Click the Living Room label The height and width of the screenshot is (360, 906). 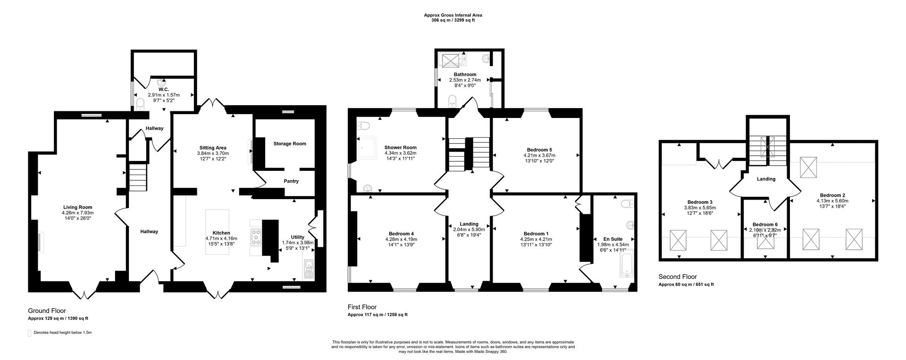pos(78,207)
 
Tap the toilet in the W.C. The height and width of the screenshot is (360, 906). pos(140,104)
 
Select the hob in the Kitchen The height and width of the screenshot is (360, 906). pos(257,236)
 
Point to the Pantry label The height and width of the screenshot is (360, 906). pos(291,181)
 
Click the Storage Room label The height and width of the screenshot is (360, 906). pos(290,144)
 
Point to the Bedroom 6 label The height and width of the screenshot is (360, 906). pos(765,225)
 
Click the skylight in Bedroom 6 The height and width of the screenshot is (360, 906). pos(765,242)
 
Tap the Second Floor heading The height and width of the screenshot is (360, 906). pos(678,277)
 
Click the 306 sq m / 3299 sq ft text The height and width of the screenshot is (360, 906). pos(453,21)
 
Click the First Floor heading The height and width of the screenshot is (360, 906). pos(362,307)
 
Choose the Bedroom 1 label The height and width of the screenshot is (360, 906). pos(536,234)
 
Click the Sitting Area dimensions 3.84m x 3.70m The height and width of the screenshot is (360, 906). pos(212,153)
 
